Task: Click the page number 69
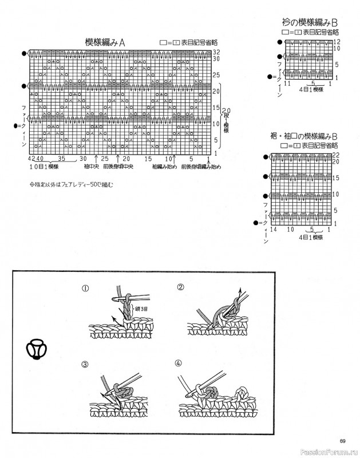pyautogui.click(x=342, y=440)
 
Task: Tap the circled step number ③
pyautogui.click(x=85, y=365)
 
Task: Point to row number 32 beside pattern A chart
pyautogui.click(x=216, y=52)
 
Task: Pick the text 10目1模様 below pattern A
pyautogui.click(x=45, y=167)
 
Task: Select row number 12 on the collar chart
pyautogui.click(x=337, y=42)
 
